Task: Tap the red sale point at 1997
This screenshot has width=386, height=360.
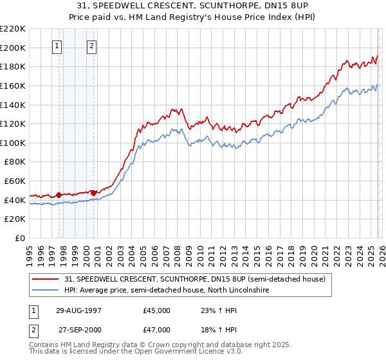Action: coord(59,194)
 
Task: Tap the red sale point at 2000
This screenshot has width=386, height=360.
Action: coord(94,192)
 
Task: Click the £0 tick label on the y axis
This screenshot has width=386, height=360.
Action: coord(21,238)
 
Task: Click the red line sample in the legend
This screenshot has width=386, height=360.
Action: coord(46,279)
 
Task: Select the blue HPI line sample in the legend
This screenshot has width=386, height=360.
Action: coord(46,291)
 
